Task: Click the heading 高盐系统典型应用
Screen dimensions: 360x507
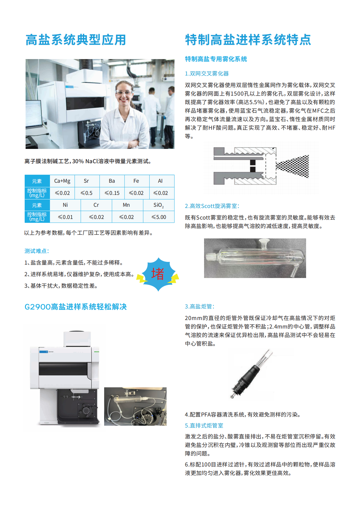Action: coord(76,40)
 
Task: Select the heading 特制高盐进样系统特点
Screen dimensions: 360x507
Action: coord(248,40)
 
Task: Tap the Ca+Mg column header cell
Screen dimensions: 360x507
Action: coord(62,181)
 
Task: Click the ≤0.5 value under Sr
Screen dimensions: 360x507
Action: coord(86,193)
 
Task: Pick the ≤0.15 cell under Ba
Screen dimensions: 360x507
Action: coord(112,193)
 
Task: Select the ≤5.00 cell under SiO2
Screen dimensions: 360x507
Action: coord(159,217)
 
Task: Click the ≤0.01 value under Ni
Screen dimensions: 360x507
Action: coord(65,217)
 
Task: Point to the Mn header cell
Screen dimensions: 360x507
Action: coord(126,205)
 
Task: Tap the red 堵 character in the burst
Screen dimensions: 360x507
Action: coord(157,274)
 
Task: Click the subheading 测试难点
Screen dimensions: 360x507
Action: coord(37,251)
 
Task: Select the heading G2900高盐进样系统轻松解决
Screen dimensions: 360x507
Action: coord(76,307)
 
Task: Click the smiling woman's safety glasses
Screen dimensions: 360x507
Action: coord(123,92)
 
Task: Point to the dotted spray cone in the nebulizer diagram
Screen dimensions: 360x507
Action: coord(292,166)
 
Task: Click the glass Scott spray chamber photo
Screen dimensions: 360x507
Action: coord(255,258)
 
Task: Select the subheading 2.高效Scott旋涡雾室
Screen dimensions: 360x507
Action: coord(212,206)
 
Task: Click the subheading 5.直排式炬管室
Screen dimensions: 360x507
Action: coord(204,425)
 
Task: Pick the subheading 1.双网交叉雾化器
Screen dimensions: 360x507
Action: coord(207,74)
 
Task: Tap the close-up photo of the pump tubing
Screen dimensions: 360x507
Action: coord(136,407)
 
